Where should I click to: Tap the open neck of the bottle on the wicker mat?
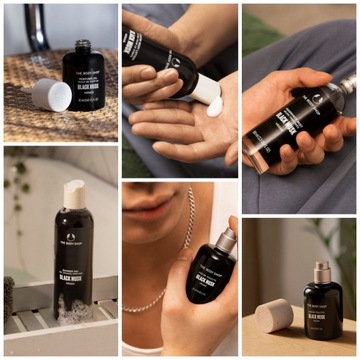[x=82, y=47]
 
